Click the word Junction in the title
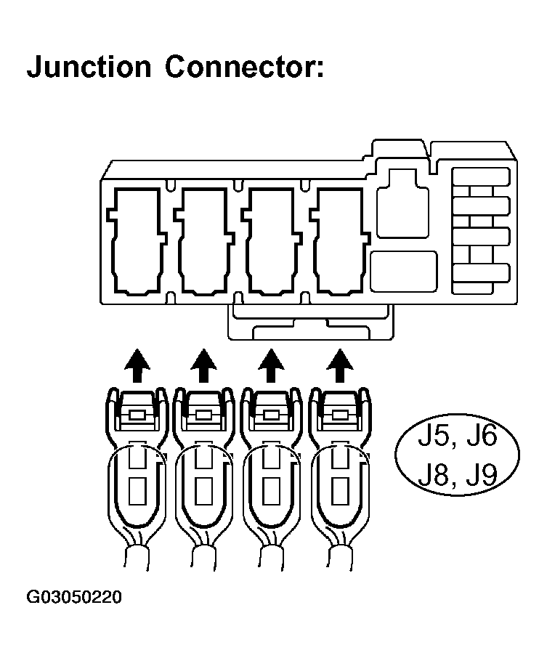(89, 67)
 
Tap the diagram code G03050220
(74, 598)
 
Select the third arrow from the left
(271, 365)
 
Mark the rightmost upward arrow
(337, 365)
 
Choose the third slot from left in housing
(271, 241)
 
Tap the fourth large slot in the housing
(339, 241)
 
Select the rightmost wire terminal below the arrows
(339, 479)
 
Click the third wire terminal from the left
(270, 479)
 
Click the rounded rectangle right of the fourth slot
(403, 272)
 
